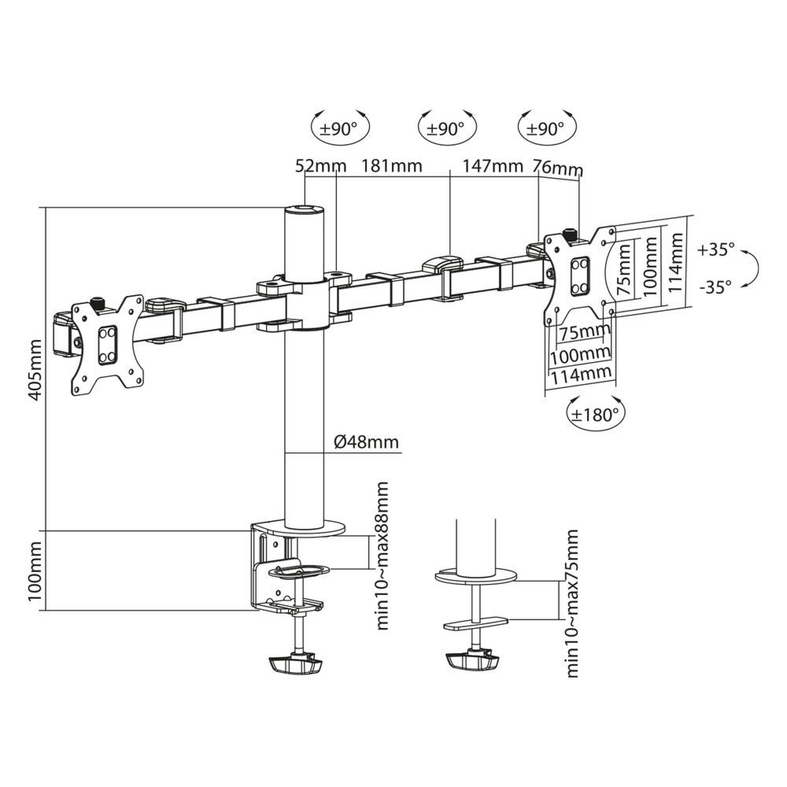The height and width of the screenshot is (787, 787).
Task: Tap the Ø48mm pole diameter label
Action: (366, 442)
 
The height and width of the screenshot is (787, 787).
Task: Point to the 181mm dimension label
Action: (391, 166)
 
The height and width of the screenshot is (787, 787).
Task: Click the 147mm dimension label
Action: (493, 166)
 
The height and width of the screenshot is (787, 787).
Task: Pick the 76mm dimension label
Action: (558, 168)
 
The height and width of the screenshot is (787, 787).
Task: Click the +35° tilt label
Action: (715, 249)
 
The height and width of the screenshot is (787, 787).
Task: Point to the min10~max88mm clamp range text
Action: (383, 555)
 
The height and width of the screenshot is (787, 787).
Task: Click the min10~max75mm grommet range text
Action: (572, 603)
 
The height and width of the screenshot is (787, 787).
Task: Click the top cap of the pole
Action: (304, 210)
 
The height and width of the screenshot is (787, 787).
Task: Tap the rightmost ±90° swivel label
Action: (543, 129)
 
